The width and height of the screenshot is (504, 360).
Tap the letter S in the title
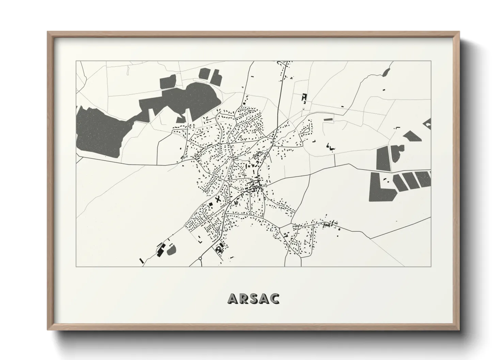click(x=253, y=298)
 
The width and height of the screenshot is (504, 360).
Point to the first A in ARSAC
click(x=233, y=298)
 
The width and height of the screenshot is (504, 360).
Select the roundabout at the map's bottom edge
click(x=200, y=259)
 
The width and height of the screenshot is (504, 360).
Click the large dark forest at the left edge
click(x=97, y=131)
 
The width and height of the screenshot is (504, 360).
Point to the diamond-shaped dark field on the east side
click(x=412, y=136)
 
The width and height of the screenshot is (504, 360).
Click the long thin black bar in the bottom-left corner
click(x=141, y=261)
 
